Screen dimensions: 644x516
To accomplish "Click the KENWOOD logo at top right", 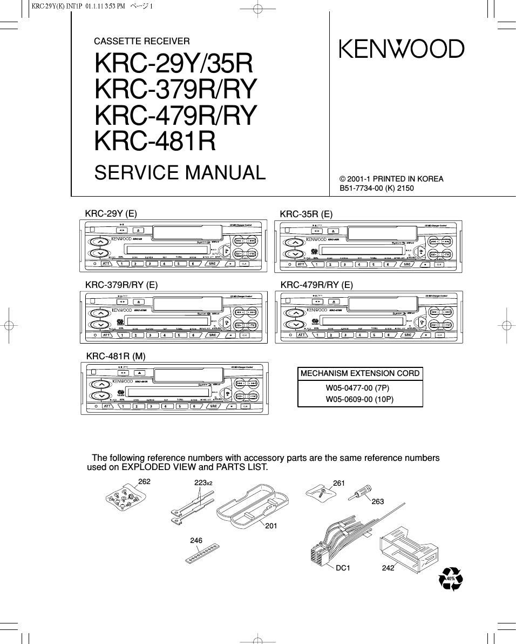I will [x=401, y=49].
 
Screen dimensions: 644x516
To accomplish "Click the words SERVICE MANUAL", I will [x=180, y=173].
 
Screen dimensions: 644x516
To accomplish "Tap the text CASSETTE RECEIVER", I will [x=142, y=41].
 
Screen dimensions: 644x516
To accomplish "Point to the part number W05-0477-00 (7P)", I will [x=357, y=388].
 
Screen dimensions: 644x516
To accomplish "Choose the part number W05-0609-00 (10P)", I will [x=359, y=400].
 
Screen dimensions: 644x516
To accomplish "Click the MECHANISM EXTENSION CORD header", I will [x=360, y=373].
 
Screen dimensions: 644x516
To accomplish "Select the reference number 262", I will [x=144, y=481].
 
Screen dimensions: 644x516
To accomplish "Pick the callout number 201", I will [x=271, y=525].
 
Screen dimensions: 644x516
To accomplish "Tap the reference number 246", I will [x=196, y=540].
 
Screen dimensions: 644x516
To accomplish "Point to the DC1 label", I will [x=343, y=568].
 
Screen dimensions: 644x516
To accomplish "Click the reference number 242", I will [x=388, y=568].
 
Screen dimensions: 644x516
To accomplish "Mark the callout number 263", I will [x=377, y=502].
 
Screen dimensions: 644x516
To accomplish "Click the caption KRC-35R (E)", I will [x=306, y=214].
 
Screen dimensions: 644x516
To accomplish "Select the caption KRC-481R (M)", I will [x=116, y=356].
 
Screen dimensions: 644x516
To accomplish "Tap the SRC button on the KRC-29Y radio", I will [x=212, y=264].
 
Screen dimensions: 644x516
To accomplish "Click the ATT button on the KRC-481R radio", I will [x=107, y=406].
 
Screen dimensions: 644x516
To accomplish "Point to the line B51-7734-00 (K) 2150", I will [x=376, y=189].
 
